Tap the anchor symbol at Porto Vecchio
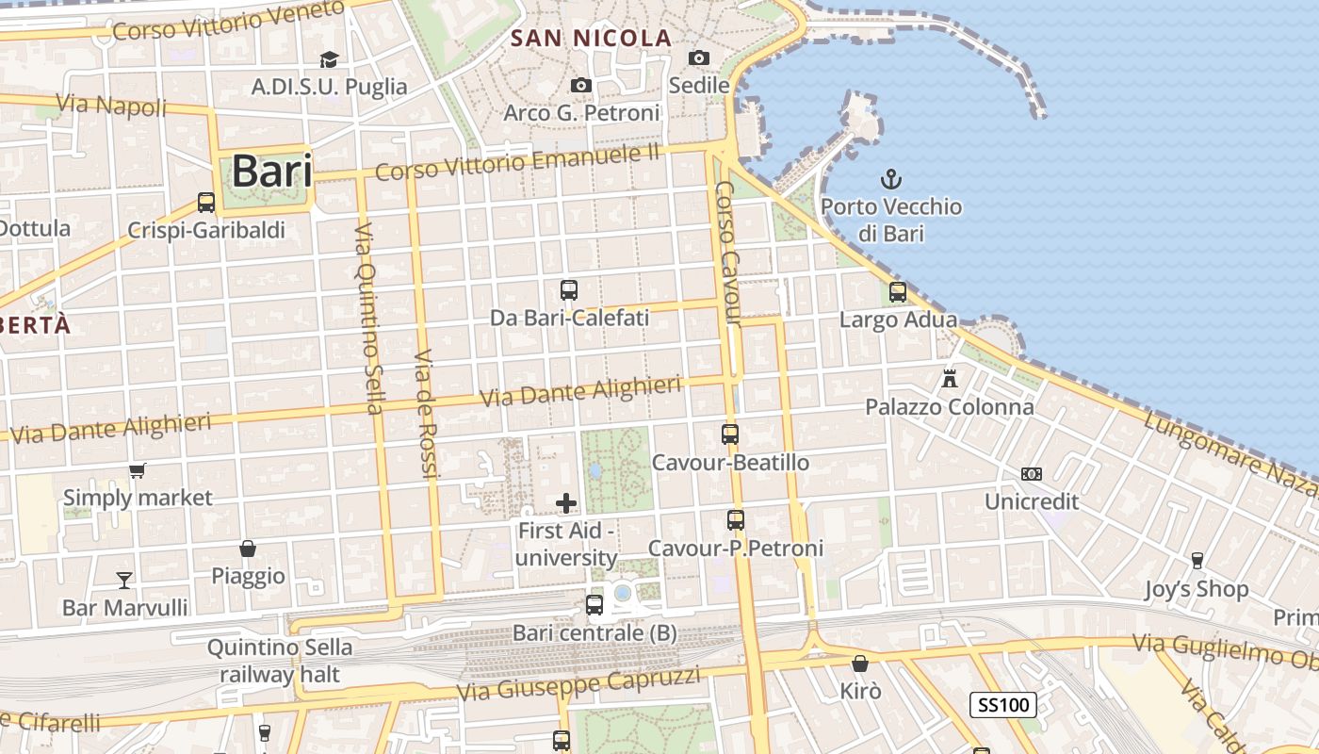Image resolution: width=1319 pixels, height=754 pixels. coord(890,178)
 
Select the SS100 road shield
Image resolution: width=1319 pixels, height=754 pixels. coord(1003,704)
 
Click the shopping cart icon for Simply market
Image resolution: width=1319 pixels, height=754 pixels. coord(138,470)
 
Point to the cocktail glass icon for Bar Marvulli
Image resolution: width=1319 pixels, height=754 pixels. coord(124,580)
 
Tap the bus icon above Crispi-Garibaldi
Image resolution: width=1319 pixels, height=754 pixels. coord(205,202)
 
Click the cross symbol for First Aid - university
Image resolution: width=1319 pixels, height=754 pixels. coord(566,503)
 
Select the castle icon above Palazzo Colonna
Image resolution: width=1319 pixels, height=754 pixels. coord(950,379)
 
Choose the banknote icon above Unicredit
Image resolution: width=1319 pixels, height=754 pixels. coord(1032,473)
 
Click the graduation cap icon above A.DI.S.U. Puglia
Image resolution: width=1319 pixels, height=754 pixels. coord(329,59)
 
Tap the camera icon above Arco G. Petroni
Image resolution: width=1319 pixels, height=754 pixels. coord(581,86)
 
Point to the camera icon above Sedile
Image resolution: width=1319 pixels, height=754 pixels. coord(699,57)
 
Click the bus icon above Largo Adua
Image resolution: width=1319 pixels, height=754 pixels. coord(897,292)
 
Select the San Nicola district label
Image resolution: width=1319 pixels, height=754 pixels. coord(591,39)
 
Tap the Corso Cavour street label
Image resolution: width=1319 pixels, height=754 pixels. coord(726,254)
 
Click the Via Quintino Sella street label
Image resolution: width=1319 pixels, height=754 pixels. coord(368,320)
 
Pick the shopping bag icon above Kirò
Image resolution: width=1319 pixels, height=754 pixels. coord(859,664)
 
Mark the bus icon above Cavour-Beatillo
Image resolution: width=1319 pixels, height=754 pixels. coord(730,434)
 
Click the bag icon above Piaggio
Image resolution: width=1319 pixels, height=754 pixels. coord(248,549)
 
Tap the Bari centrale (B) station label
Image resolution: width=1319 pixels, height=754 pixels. coord(594,633)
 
